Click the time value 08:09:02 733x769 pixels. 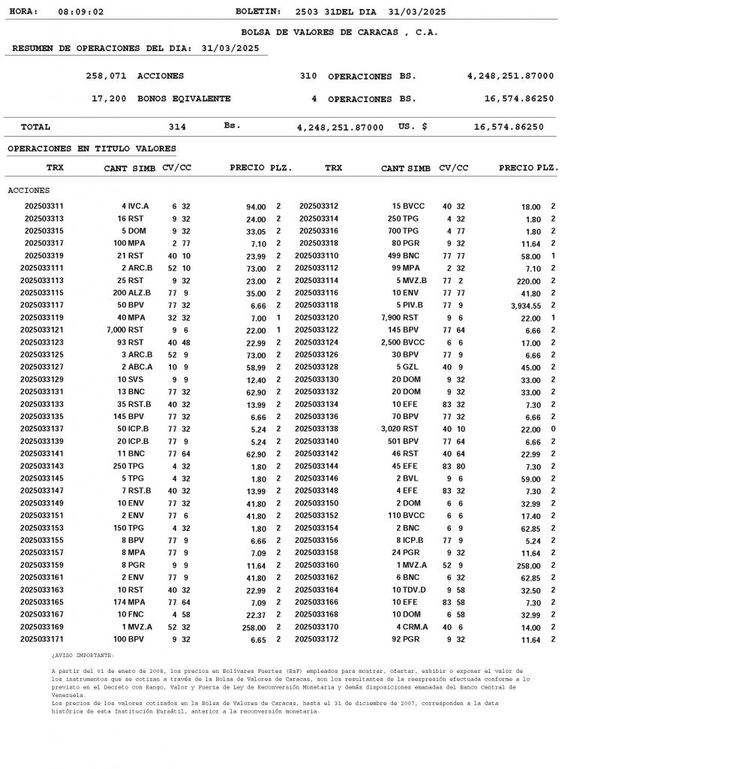[x=80, y=12]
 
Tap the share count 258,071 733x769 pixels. [x=106, y=76]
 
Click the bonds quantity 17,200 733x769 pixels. [x=109, y=98]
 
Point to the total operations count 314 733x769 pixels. [x=177, y=127]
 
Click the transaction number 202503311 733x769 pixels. [x=44, y=206]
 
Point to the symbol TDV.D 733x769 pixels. [x=415, y=590]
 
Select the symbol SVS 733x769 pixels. [x=135, y=379]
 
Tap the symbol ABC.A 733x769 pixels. [x=140, y=367]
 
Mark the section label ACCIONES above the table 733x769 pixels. [x=29, y=191]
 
